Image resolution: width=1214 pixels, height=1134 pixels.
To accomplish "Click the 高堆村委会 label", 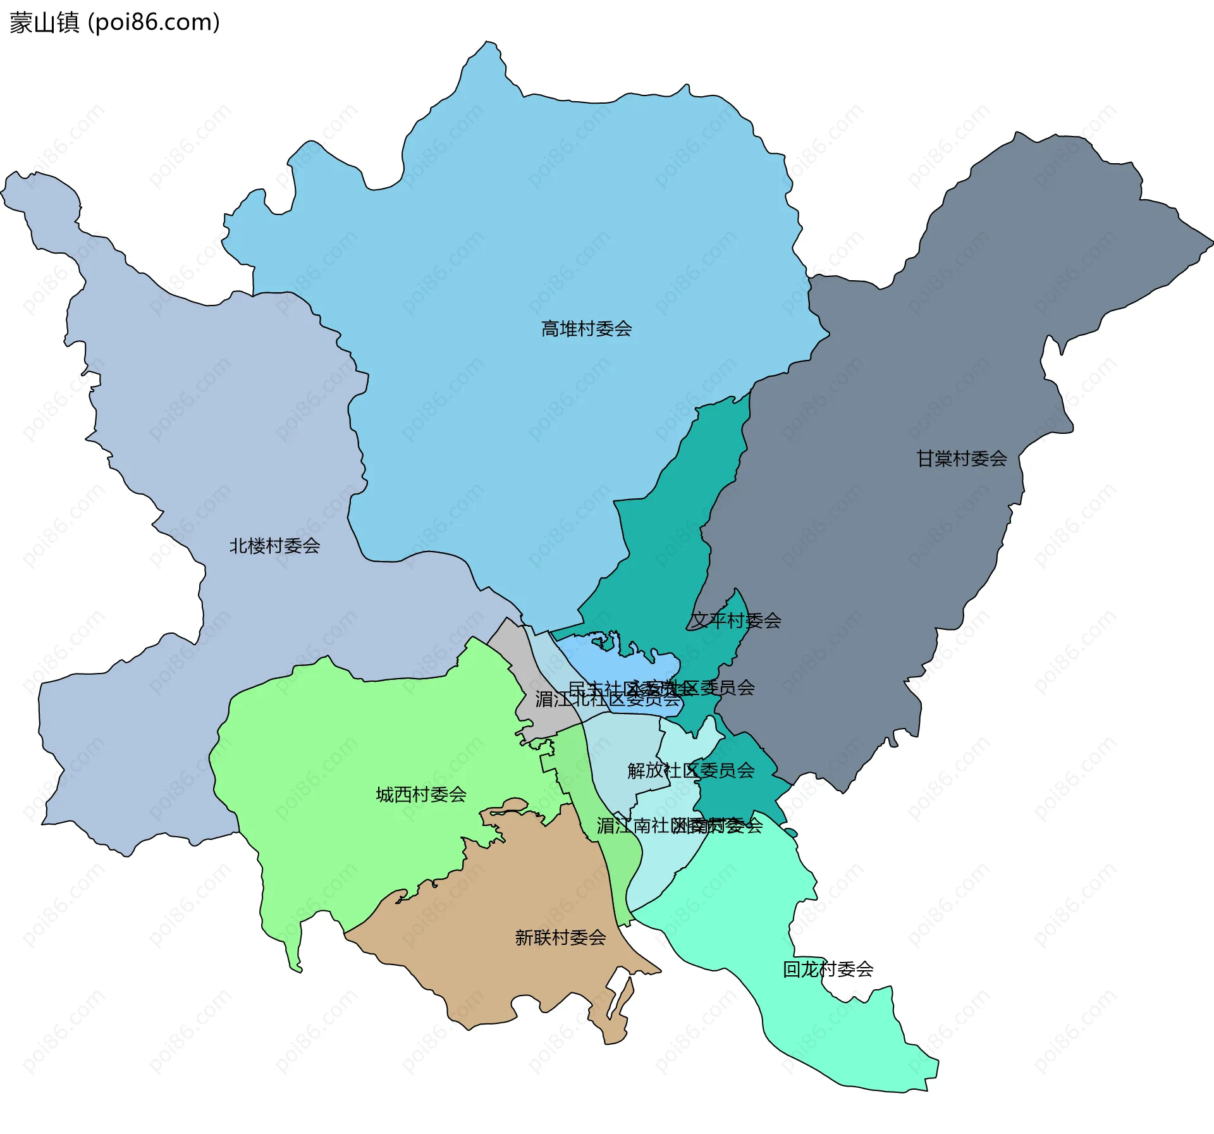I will tap(586, 329).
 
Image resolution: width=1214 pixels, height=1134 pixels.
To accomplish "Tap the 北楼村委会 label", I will tap(274, 546).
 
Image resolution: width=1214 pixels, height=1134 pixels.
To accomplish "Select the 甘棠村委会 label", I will tap(961, 459).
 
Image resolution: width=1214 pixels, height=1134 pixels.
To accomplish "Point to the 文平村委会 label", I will tap(735, 620).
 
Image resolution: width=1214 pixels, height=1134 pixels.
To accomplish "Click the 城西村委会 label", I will tap(421, 794).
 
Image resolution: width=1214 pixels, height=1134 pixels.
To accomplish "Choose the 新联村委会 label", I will tap(560, 937).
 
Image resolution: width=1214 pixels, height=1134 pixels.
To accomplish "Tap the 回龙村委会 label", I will tap(828, 969).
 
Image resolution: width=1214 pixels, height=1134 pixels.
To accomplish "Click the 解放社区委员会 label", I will tap(690, 770).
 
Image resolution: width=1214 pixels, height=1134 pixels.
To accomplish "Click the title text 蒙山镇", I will tap(44, 22).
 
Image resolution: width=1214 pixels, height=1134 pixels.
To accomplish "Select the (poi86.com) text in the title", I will tap(154, 22).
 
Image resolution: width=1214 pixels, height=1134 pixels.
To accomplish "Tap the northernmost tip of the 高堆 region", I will tap(487, 43).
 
